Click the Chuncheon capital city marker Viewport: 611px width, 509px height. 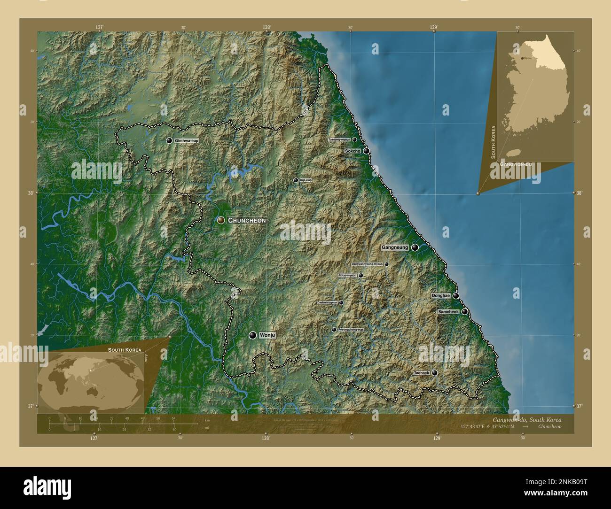(220, 220)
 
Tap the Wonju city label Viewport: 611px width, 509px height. (266, 335)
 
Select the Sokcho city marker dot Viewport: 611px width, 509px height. (366, 151)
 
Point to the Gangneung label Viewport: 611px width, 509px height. (394, 247)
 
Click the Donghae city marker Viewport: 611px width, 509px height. (455, 296)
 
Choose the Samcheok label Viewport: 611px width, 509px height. (448, 312)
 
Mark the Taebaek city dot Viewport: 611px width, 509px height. (434, 373)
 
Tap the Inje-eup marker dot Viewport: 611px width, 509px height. (296, 180)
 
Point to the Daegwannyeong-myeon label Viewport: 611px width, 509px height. (367, 264)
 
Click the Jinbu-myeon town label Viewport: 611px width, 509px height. (347, 276)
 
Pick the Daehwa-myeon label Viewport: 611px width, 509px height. (327, 303)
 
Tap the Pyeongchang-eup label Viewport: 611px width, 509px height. (351, 330)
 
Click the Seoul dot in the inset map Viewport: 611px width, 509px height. (522, 58)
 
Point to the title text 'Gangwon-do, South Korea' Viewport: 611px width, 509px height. (526, 419)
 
